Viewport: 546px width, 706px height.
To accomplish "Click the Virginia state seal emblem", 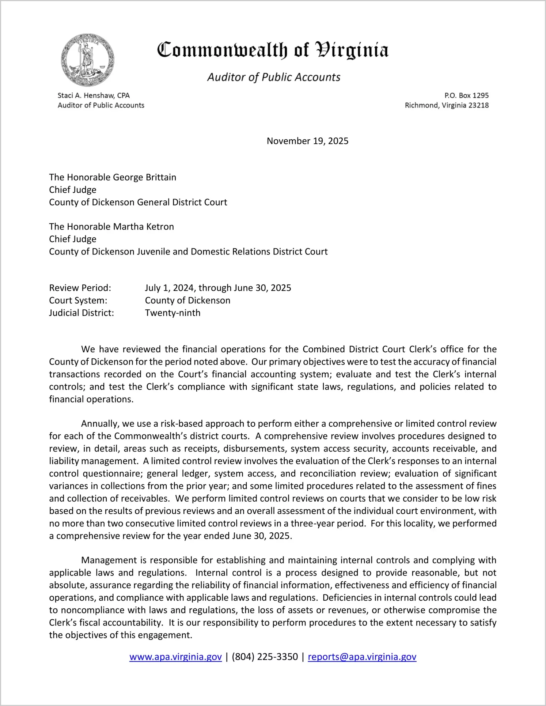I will click(x=88, y=60).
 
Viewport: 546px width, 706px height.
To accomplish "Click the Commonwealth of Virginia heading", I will click(x=273, y=50).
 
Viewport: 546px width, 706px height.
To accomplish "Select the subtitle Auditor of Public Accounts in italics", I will click(x=274, y=77).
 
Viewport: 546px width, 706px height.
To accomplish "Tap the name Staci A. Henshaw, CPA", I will click(x=94, y=95).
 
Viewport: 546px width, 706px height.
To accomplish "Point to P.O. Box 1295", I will click(x=466, y=95).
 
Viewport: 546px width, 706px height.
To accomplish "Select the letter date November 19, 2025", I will click(x=307, y=141).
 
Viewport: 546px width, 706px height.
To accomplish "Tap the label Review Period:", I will click(x=80, y=288).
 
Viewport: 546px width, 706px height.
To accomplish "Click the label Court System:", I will click(x=78, y=301).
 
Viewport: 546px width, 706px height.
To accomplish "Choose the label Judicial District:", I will click(x=81, y=313).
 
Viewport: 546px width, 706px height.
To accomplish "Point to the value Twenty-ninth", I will click(x=172, y=313).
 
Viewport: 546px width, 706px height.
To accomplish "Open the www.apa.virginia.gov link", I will click(x=175, y=657).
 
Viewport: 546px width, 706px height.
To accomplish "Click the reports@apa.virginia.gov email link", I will click(x=362, y=657).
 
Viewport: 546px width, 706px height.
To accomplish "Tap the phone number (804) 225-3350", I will click(x=265, y=657).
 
